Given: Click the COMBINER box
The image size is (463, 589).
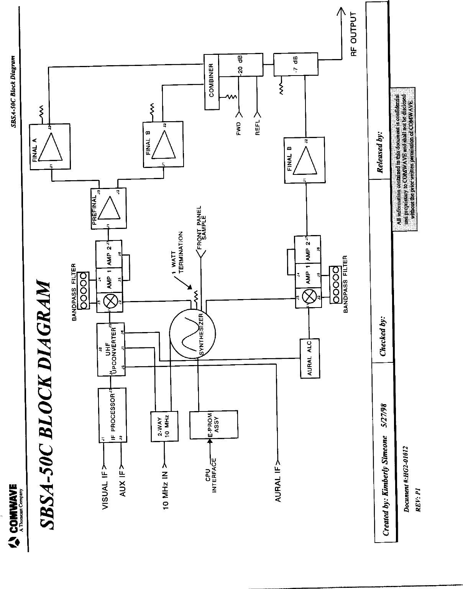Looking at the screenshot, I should tap(210, 82).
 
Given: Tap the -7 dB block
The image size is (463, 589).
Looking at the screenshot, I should tap(296, 65).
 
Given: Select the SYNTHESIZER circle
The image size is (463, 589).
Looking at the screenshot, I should tap(192, 333).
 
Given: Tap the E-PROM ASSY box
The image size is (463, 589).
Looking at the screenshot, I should tap(213, 426).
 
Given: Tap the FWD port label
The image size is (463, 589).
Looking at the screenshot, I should tap(239, 129).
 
